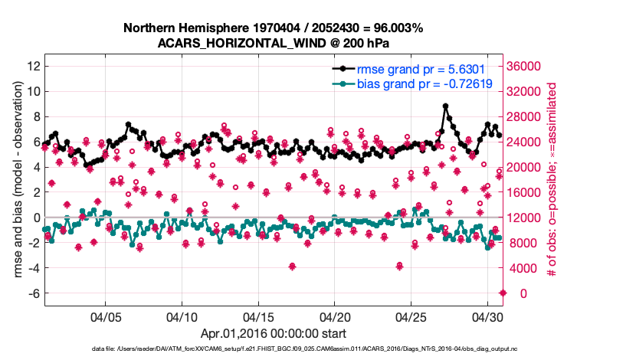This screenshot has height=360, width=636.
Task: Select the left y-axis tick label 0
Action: [x=35, y=218]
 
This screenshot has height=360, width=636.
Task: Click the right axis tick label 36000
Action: [x=529, y=66]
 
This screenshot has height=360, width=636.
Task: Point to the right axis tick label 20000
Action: [x=529, y=167]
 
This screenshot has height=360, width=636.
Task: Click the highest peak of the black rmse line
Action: [x=445, y=106]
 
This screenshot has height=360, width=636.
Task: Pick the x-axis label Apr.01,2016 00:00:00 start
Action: [x=274, y=334]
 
